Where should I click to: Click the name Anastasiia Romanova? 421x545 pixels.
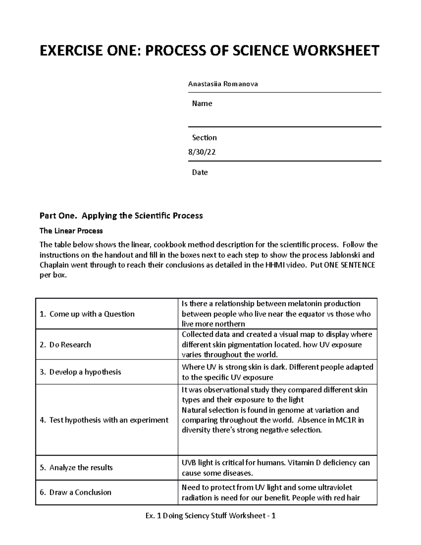tap(223, 84)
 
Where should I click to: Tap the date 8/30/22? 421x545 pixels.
tap(202, 152)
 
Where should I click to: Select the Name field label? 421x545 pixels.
tap(202, 104)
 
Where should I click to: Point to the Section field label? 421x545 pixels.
tap(204, 138)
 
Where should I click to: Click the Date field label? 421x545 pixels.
tap(200, 172)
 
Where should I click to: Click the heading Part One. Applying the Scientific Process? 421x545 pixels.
tap(121, 215)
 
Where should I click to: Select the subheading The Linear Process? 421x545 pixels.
tap(71, 231)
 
